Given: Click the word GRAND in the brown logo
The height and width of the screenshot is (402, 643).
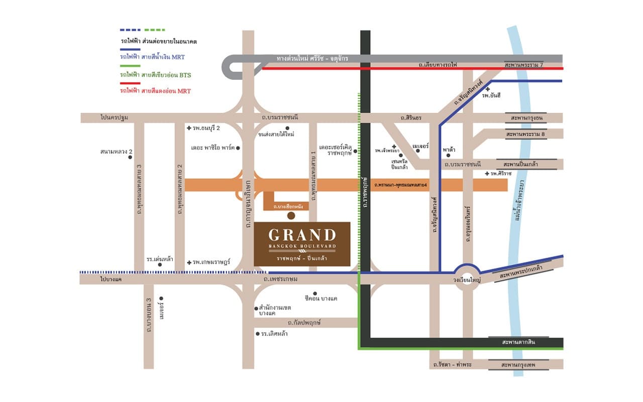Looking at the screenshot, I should pos(302,235).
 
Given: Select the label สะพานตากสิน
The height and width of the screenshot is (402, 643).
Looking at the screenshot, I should pos(518,342).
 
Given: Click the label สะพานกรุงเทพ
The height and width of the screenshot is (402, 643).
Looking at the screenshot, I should pos(522,364).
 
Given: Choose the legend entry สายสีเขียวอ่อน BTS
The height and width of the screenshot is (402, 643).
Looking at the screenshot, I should pos(155,74).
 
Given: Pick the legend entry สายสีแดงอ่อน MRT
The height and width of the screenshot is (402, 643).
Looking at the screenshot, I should pos(155,91).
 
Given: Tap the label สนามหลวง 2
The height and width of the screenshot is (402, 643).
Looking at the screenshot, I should pos(116,151).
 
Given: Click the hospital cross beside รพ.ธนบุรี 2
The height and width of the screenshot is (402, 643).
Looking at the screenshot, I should pos(189,128).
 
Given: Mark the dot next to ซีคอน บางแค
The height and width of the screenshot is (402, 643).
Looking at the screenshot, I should pos(315,293).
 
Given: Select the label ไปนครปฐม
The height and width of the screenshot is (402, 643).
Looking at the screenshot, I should pos(114,118).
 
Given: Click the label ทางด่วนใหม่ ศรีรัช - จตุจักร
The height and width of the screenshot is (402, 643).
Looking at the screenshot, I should pos(312,59).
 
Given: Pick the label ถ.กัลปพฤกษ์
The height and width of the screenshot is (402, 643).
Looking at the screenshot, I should pos(304,323).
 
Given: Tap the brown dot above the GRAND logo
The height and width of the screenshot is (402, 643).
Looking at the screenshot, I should pos(291,216).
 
